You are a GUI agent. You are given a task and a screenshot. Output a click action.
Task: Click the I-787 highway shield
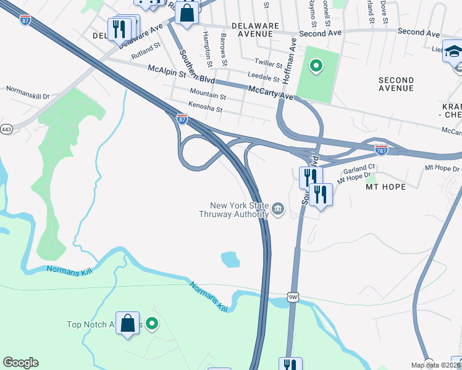[381, 149]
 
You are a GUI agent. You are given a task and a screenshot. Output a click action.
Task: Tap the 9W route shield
[292, 298]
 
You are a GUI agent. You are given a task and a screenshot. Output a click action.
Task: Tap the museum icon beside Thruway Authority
[278, 211]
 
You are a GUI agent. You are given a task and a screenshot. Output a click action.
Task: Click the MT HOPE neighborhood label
[385, 186]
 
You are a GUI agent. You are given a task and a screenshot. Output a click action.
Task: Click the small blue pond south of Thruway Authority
[230, 259]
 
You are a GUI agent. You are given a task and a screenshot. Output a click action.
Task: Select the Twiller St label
[269, 62]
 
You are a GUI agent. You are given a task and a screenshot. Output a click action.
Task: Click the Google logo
[20, 363]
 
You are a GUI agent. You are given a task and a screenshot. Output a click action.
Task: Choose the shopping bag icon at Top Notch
[127, 323]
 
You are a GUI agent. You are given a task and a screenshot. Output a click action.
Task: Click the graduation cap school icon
[453, 52]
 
